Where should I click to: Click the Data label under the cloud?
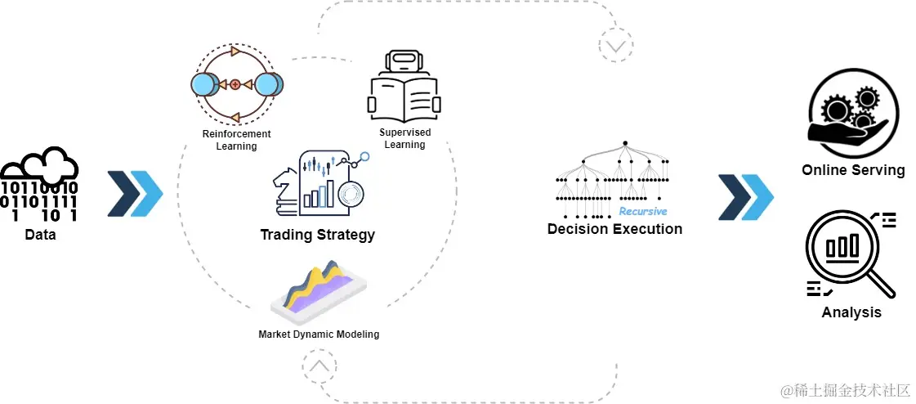(x=40, y=235)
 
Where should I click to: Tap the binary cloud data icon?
(x=39, y=186)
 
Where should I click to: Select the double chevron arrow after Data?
(x=135, y=194)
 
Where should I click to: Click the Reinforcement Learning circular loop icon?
(x=236, y=83)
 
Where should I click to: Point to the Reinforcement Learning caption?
(x=236, y=140)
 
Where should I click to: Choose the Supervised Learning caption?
(x=404, y=138)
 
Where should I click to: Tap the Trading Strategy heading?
(x=317, y=235)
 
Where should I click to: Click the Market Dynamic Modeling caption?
(x=319, y=334)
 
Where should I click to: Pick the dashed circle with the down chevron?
(x=614, y=45)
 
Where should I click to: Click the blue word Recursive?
(x=642, y=211)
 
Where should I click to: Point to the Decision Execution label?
(x=614, y=229)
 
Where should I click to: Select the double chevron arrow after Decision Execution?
(x=745, y=196)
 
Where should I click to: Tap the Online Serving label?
(x=853, y=170)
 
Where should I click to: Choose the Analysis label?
(x=851, y=312)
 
